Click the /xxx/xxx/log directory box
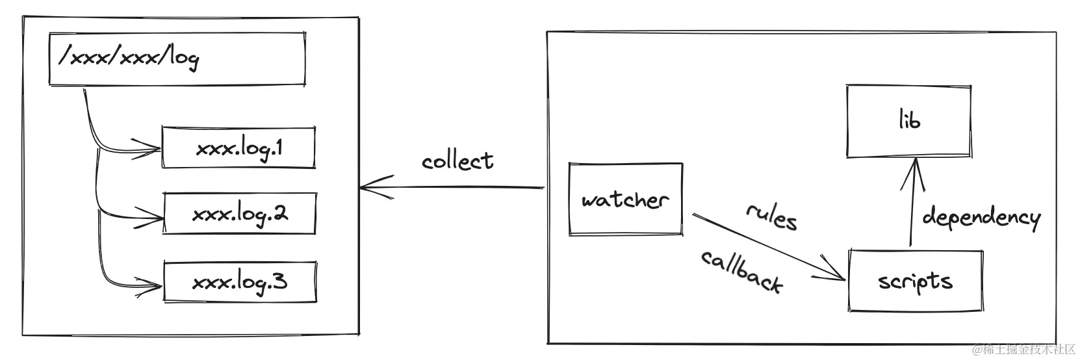click(x=177, y=59)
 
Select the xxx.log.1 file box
click(x=238, y=148)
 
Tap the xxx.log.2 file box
click(x=239, y=214)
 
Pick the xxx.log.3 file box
click(x=240, y=282)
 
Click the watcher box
click(x=625, y=199)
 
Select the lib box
click(x=908, y=121)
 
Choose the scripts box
click(x=915, y=281)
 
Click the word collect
click(x=457, y=161)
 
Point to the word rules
click(x=771, y=216)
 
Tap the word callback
click(x=741, y=271)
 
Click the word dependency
click(x=981, y=217)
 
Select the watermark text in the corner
click(x=1024, y=350)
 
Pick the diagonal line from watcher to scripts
click(x=767, y=246)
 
